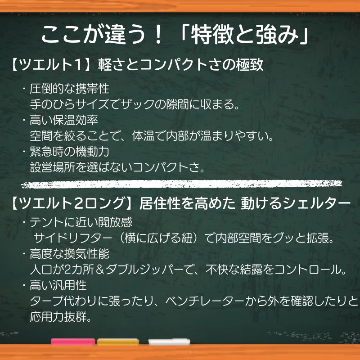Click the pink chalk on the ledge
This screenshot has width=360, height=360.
click(73, 342)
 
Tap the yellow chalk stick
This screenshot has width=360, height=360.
click(118, 342)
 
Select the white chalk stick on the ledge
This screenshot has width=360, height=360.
click(169, 342)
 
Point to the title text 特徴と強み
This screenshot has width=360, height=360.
click(245, 35)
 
